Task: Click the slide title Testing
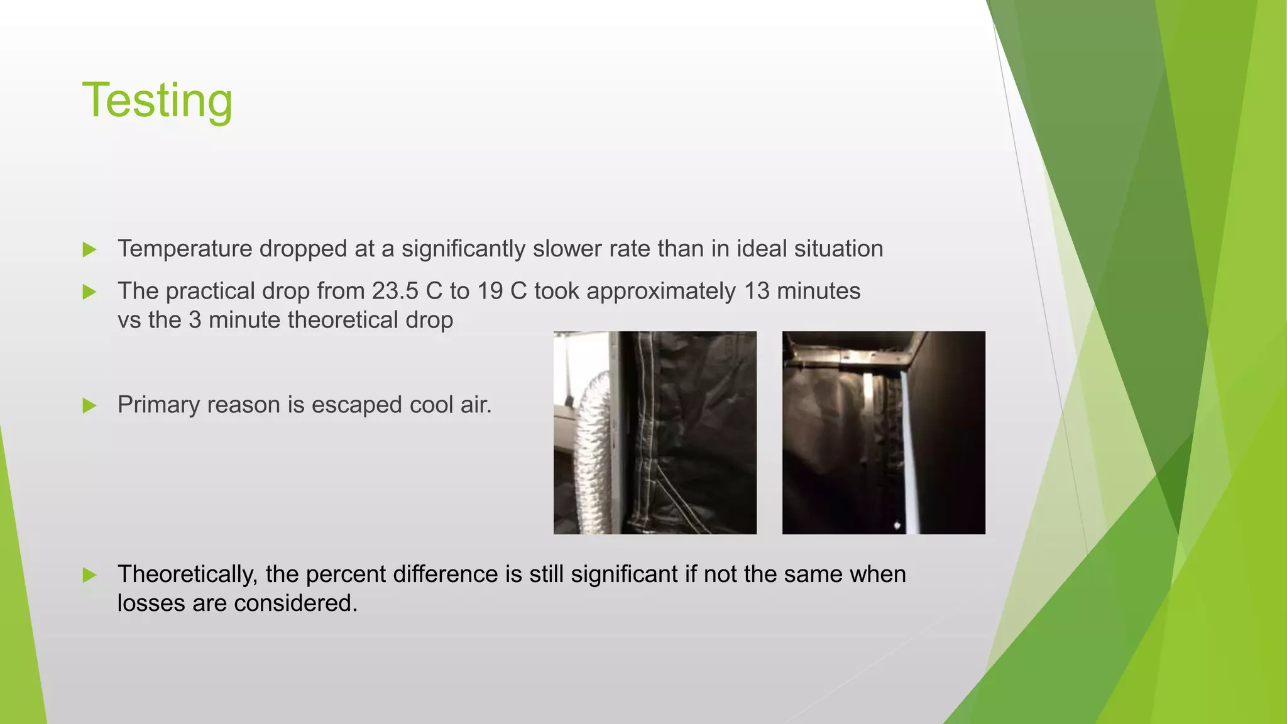tap(157, 101)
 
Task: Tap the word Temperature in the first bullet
tap(185, 249)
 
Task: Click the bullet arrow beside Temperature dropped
tap(89, 250)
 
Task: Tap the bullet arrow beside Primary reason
tap(89, 405)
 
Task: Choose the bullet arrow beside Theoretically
tap(89, 575)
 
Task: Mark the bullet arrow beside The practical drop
tap(89, 292)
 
